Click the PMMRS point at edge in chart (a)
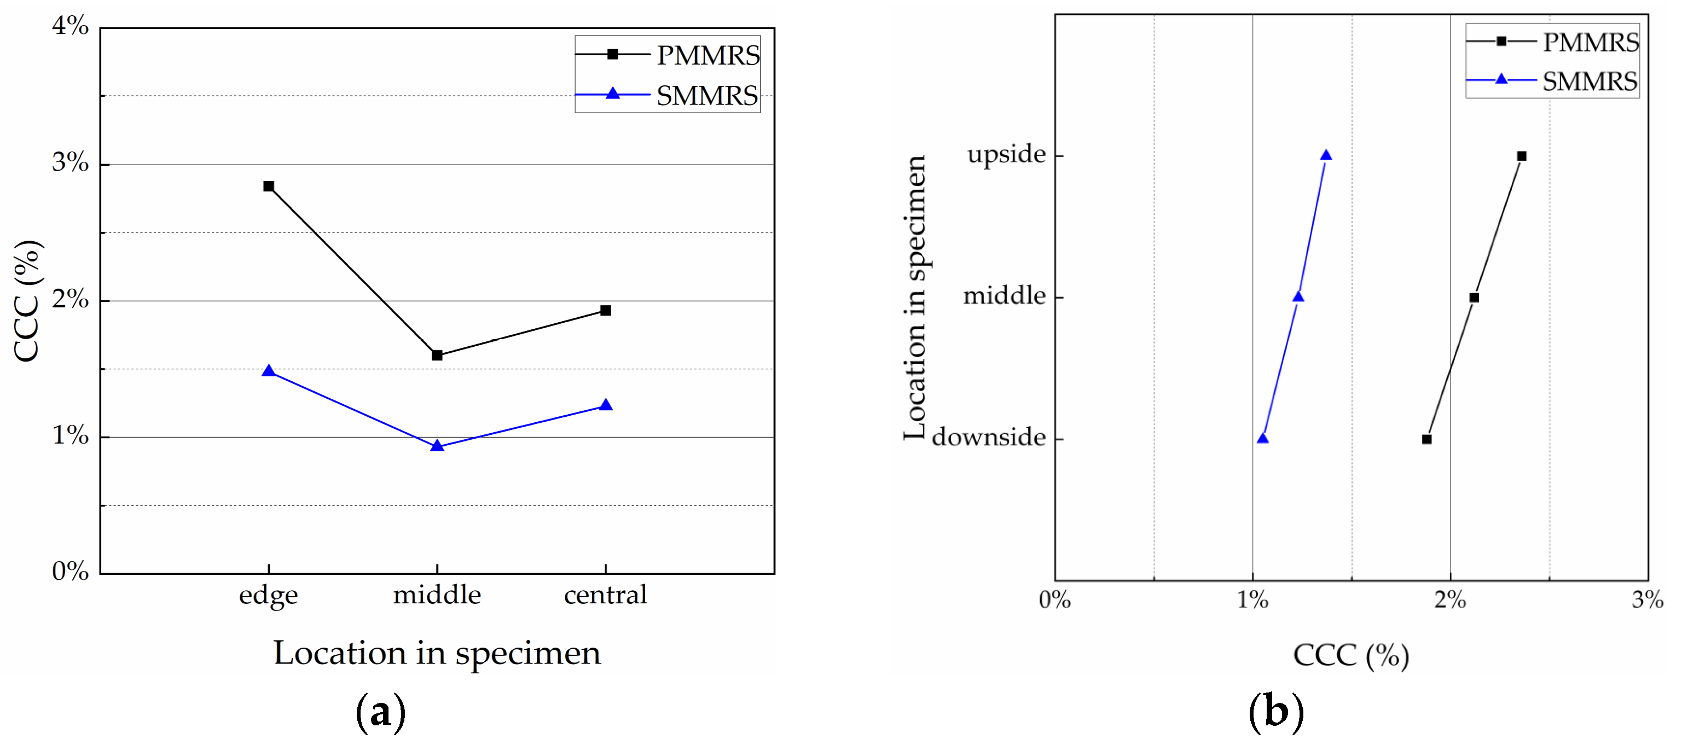click(x=268, y=186)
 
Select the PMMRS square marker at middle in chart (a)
click(x=437, y=355)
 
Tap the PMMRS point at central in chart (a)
click(x=605, y=310)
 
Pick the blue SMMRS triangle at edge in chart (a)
click(x=268, y=371)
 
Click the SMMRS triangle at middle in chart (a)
click(x=437, y=446)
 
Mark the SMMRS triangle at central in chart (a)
click(x=605, y=405)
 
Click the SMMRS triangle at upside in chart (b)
click(x=1325, y=155)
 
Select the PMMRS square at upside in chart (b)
click(x=1521, y=156)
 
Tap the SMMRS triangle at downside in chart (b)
click(x=1262, y=438)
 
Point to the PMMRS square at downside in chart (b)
click(x=1426, y=439)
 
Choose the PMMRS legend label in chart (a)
click(x=708, y=55)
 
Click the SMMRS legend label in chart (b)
click(x=1590, y=82)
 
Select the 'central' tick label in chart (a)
click(x=605, y=595)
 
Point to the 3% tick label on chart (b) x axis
click(x=1647, y=600)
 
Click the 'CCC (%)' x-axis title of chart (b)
click(x=1350, y=655)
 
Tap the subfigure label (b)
click(x=1275, y=712)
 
